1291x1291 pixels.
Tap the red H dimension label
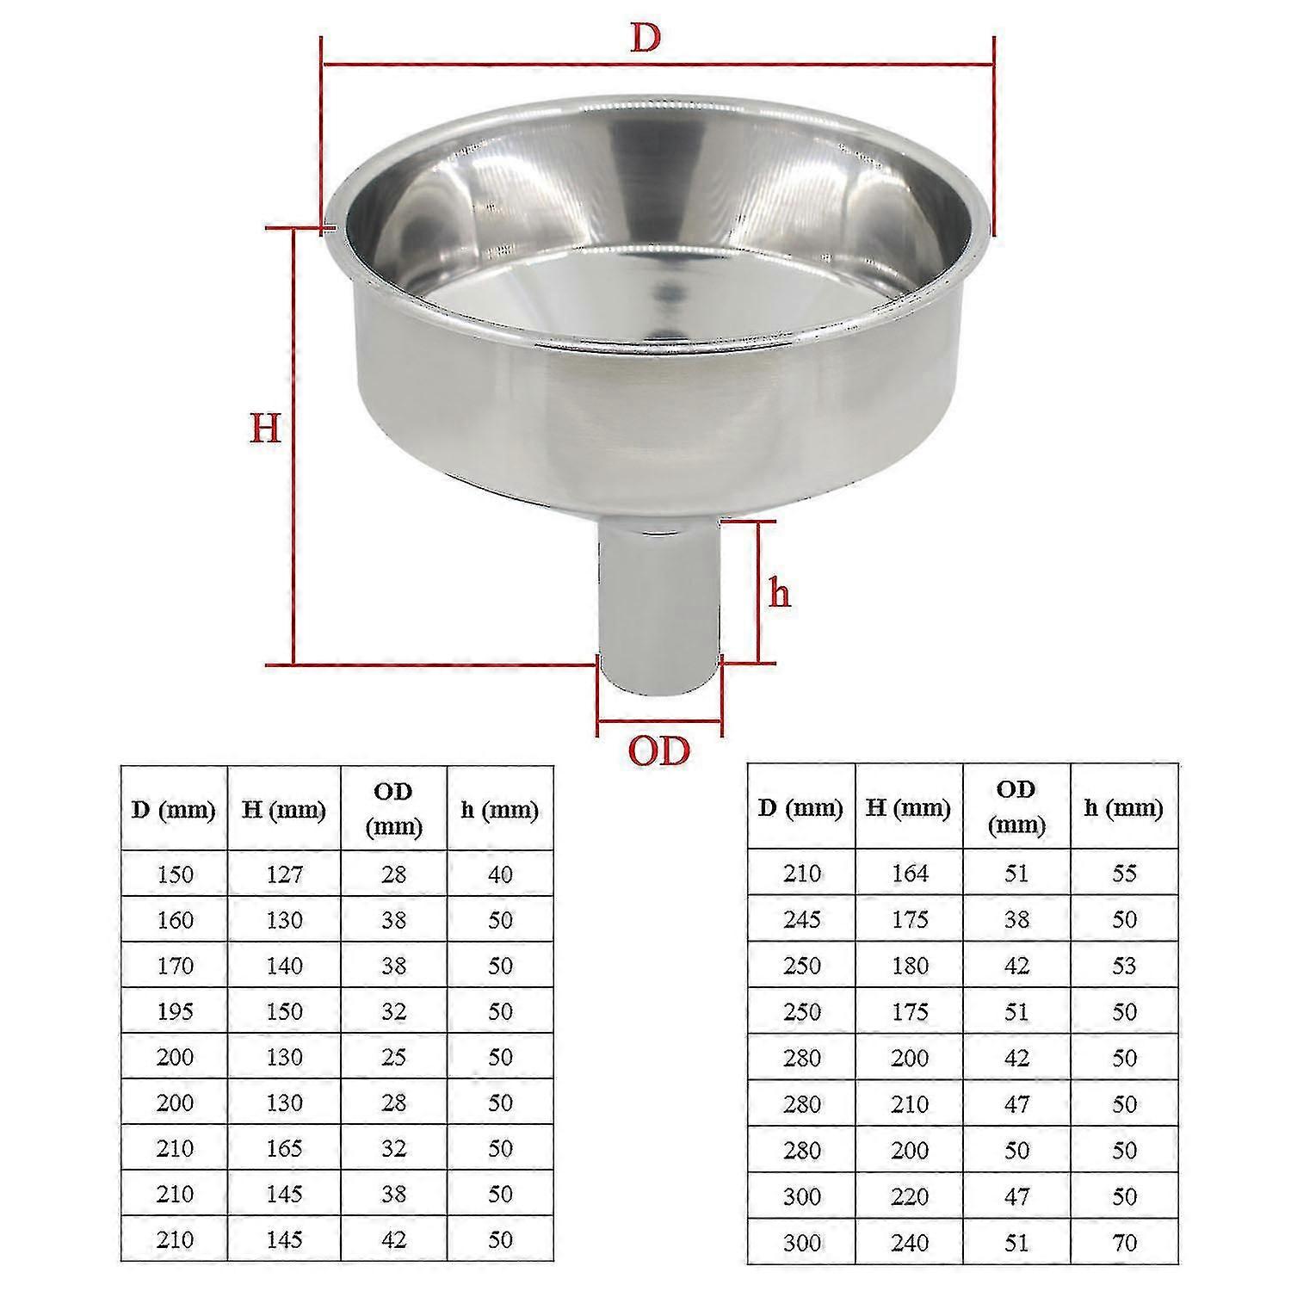click(x=265, y=428)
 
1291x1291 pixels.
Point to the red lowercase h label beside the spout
click(x=780, y=594)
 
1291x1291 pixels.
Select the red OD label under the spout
click(x=658, y=751)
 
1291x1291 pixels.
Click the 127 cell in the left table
click(x=284, y=874)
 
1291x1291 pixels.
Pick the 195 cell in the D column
click(x=175, y=1011)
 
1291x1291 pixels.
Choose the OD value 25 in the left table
click(x=393, y=1057)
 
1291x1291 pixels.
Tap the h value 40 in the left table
click(x=500, y=874)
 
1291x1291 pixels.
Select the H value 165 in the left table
click(x=284, y=1148)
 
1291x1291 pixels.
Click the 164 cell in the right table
click(x=910, y=874)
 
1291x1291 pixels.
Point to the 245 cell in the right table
click(x=801, y=919)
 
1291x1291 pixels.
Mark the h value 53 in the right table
click(x=1124, y=966)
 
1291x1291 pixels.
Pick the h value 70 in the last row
click(x=1124, y=1243)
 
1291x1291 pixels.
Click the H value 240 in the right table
click(x=910, y=1243)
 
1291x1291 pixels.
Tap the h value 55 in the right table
click(x=1124, y=874)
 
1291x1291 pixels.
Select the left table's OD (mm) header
click(x=393, y=809)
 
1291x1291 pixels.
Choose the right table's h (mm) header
click(x=1124, y=807)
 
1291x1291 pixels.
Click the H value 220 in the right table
click(x=910, y=1196)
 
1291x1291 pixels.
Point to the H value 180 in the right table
click(x=910, y=966)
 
